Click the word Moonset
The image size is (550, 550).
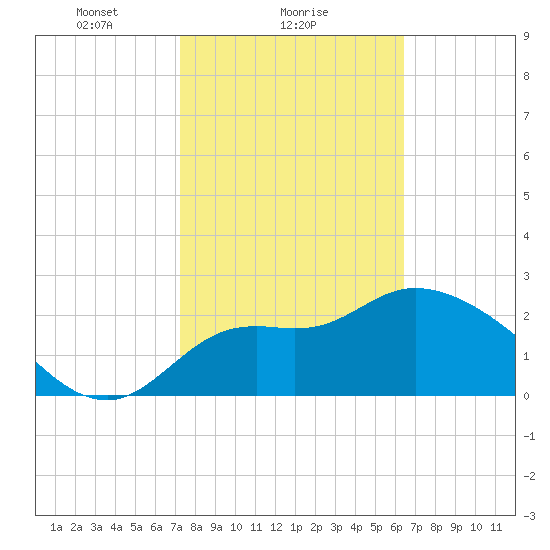97,12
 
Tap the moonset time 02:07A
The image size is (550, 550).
94,25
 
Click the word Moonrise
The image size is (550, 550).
304,12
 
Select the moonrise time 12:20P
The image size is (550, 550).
298,25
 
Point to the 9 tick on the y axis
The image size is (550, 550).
526,36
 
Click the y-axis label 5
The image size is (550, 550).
526,196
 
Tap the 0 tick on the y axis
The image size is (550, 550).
526,396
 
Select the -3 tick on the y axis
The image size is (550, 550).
529,516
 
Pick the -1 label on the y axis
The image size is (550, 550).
529,436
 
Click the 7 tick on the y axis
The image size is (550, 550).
526,116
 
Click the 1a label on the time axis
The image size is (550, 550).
56,527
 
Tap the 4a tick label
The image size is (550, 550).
116,527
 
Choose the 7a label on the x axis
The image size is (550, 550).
176,527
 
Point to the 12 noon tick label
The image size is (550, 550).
276,527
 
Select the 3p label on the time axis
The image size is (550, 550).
336,527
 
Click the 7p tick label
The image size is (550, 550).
416,527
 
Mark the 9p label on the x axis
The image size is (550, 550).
456,527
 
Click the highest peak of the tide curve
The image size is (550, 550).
416,288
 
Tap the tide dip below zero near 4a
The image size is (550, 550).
107,398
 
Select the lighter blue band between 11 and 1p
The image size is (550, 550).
276,361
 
